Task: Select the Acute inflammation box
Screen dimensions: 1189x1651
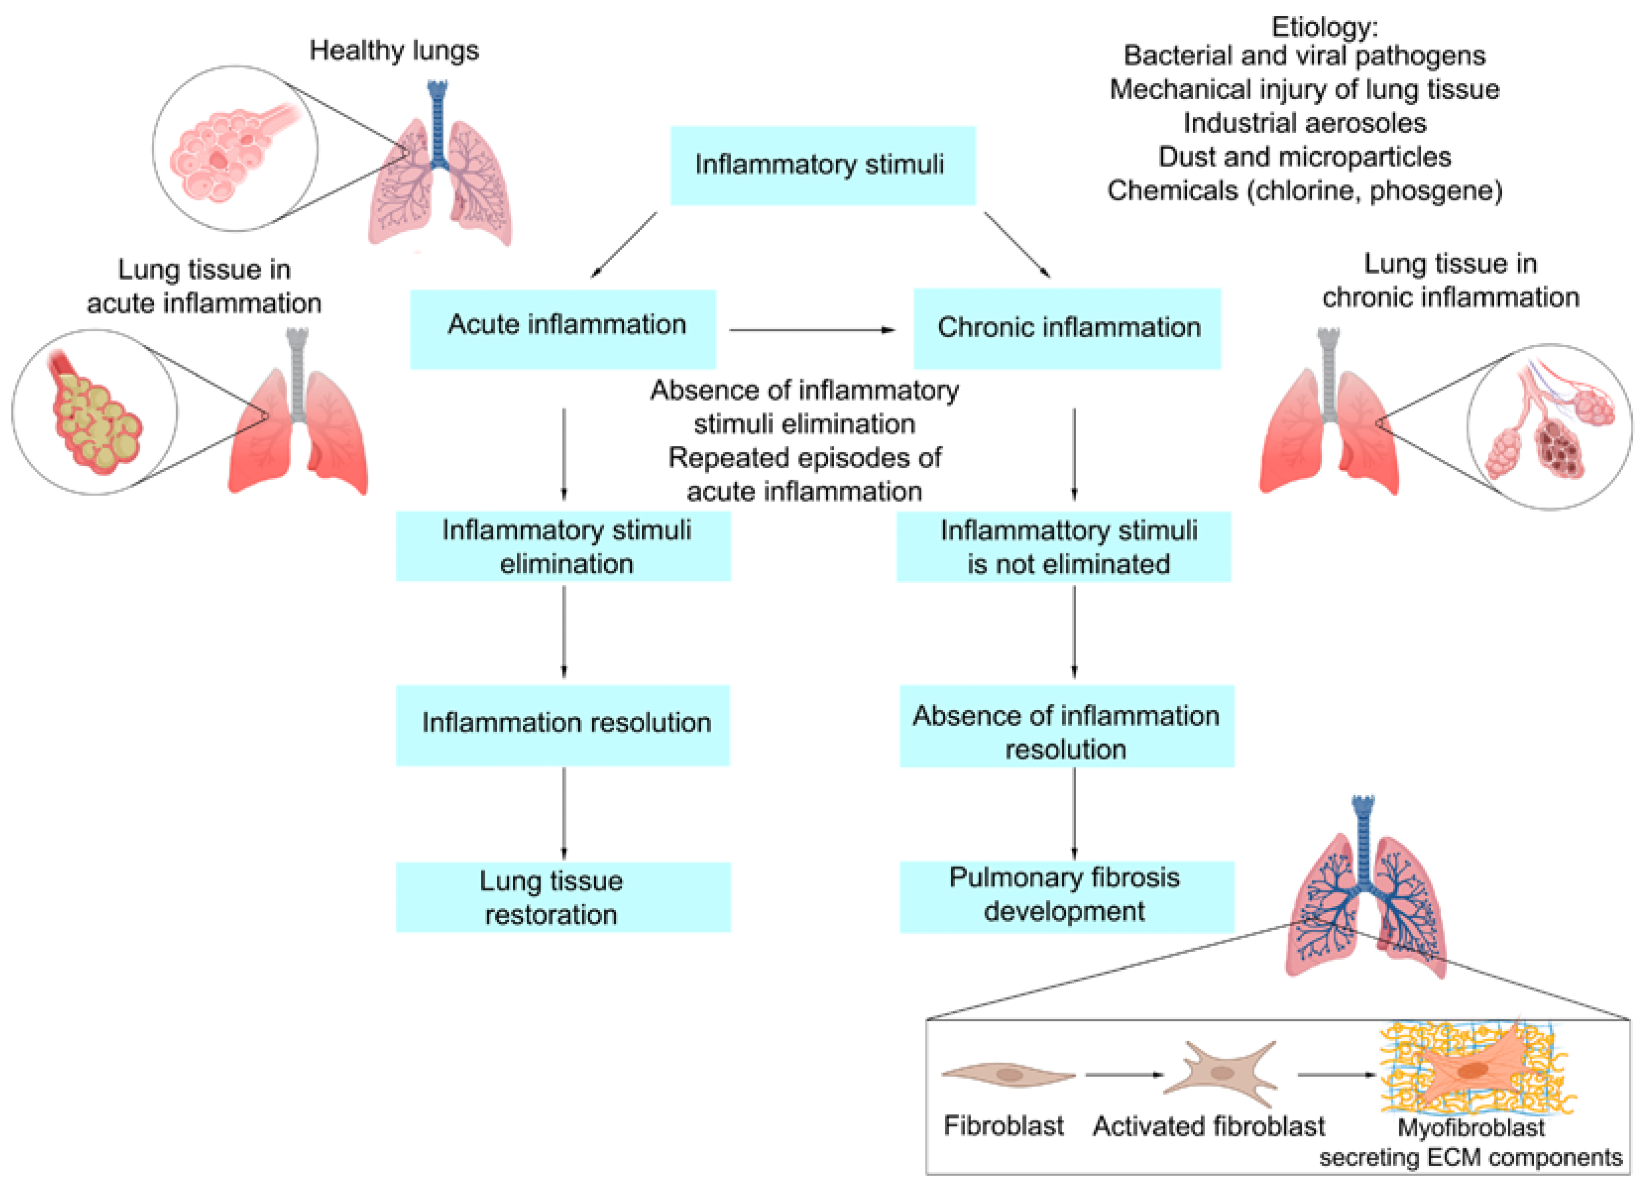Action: [563, 328]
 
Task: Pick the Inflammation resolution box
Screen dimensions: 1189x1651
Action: [563, 725]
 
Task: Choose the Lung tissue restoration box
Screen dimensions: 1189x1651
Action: [563, 897]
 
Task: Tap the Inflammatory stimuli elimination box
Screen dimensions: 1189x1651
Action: [563, 546]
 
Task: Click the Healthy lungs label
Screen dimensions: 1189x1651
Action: [394, 50]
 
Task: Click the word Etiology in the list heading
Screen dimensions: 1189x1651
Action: [1323, 27]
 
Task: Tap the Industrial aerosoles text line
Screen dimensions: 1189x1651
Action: [1304, 123]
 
